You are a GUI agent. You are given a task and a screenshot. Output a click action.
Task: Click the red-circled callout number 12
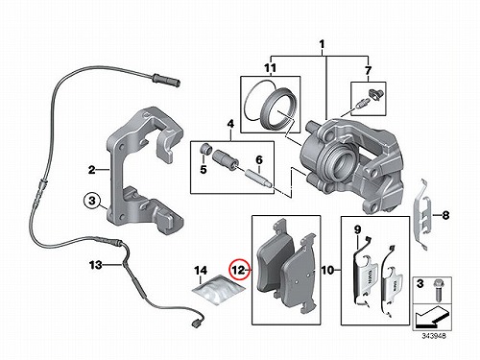coord(239,270)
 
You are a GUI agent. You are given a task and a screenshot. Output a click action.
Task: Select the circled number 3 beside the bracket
coord(92,201)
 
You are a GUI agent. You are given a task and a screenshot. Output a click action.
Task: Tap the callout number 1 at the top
coord(322,43)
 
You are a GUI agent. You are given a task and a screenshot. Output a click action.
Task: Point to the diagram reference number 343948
coord(434,336)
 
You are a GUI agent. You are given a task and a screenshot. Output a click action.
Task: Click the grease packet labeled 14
coord(220,289)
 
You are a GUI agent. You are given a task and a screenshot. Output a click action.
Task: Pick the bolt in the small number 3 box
coord(437,290)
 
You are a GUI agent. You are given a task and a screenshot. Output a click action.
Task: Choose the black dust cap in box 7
coord(374,93)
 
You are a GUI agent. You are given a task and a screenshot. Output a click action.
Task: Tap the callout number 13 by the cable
coord(96,265)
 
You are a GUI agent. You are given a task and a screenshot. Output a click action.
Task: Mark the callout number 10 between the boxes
coord(327,271)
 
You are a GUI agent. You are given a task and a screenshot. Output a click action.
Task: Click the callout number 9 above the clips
coord(357,229)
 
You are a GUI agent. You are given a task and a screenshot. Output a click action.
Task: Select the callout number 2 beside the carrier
coord(92,170)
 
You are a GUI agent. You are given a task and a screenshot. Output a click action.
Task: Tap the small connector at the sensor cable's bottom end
coord(195,324)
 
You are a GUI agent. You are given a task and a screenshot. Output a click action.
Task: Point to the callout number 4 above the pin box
coord(230,124)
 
